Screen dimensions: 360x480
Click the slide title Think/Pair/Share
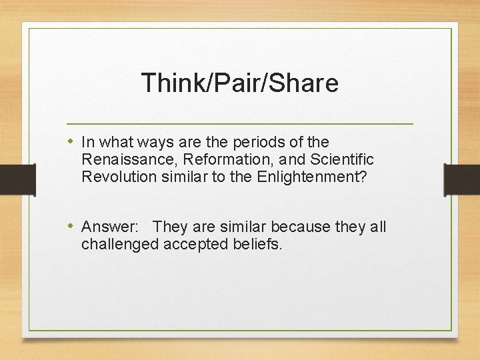point(240,83)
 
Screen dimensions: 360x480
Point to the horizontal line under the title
point(240,124)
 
